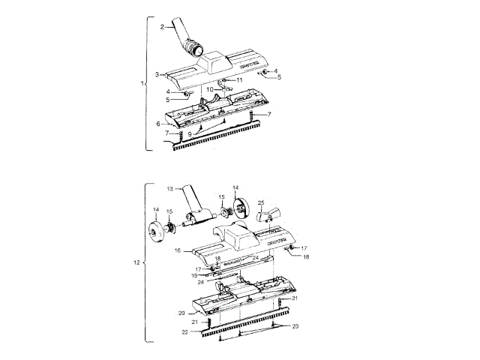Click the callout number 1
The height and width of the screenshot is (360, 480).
click(x=142, y=82)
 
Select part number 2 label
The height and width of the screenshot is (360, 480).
click(x=162, y=27)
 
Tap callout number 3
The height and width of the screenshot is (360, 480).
click(x=157, y=74)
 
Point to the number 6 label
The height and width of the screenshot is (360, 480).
click(x=158, y=124)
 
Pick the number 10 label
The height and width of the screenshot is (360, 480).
click(x=211, y=89)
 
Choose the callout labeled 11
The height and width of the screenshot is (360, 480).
click(x=239, y=79)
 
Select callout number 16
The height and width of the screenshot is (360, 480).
click(x=178, y=251)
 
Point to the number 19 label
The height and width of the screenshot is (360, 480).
click(x=193, y=276)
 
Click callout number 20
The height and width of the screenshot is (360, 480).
click(x=181, y=312)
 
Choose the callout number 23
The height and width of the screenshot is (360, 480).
click(x=295, y=326)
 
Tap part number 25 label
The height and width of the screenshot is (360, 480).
click(x=261, y=202)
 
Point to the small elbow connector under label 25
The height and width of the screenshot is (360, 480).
click(x=267, y=217)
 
